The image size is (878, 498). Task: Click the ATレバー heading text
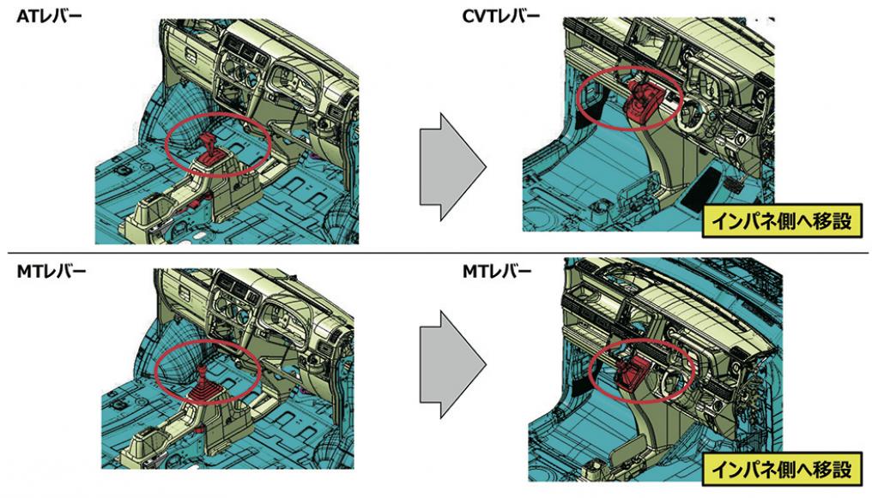[x=49, y=16]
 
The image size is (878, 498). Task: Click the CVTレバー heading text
[x=501, y=16]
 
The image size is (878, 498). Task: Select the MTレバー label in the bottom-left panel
[x=51, y=272]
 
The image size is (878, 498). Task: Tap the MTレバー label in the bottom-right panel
[x=497, y=272]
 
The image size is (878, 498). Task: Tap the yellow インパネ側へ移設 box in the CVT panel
[x=782, y=221]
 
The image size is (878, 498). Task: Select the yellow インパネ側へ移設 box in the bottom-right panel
[x=782, y=468]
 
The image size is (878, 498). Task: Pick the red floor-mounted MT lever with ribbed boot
[x=203, y=383]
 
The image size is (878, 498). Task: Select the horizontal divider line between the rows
[x=439, y=253]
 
